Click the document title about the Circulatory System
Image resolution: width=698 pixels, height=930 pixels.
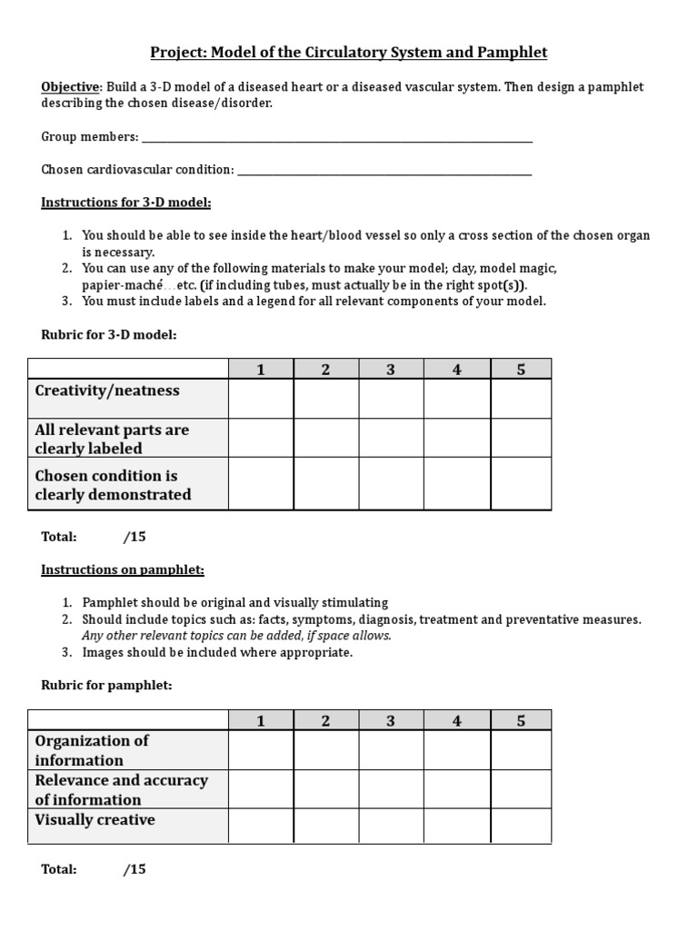point(348,52)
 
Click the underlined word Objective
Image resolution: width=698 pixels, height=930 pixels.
point(71,87)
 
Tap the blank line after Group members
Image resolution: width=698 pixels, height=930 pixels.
point(335,137)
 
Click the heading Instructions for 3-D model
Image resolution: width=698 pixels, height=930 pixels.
point(125,202)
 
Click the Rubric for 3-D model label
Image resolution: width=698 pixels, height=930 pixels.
point(108,334)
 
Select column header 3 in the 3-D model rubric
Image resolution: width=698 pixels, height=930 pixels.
point(391,369)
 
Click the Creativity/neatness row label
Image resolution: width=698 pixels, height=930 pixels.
point(107,391)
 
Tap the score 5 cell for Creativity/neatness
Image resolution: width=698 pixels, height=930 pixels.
point(521,398)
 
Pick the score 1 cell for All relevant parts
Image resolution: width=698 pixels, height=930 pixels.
point(261,438)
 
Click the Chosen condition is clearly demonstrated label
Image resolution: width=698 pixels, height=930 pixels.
point(113,485)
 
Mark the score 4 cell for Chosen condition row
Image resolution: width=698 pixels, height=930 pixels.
point(457,483)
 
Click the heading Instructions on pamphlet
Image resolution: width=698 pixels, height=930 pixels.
point(123,569)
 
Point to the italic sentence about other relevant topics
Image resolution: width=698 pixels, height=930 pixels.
point(236,636)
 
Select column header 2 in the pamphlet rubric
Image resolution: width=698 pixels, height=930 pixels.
point(325,720)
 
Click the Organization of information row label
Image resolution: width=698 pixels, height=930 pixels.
point(92,750)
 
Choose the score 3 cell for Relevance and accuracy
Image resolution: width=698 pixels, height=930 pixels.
point(391,789)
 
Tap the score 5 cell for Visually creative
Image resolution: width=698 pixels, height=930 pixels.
point(521,826)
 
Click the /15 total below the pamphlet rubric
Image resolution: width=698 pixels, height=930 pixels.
point(135,869)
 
